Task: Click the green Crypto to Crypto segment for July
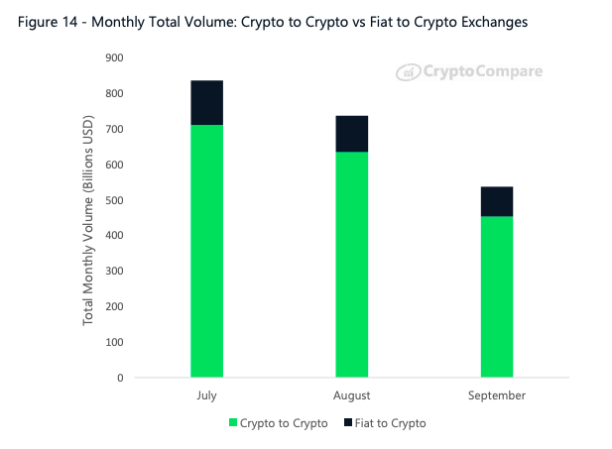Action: coord(206,250)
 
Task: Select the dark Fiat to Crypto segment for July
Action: coord(206,102)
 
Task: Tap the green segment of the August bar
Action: coord(351,264)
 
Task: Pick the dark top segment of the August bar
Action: coord(351,133)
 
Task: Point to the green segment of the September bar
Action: coord(496,296)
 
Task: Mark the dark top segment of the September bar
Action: coord(496,201)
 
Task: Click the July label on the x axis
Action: coord(206,395)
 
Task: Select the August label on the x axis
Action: coord(351,395)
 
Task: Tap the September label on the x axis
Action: coord(496,395)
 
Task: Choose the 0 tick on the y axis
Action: coord(119,378)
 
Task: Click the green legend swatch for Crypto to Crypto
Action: coord(234,423)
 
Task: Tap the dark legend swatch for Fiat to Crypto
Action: coord(346,423)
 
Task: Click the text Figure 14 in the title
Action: coord(49,21)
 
